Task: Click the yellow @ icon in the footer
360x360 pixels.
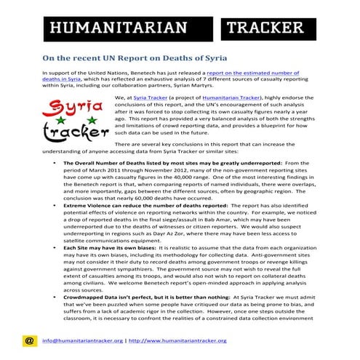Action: tap(29, 340)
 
